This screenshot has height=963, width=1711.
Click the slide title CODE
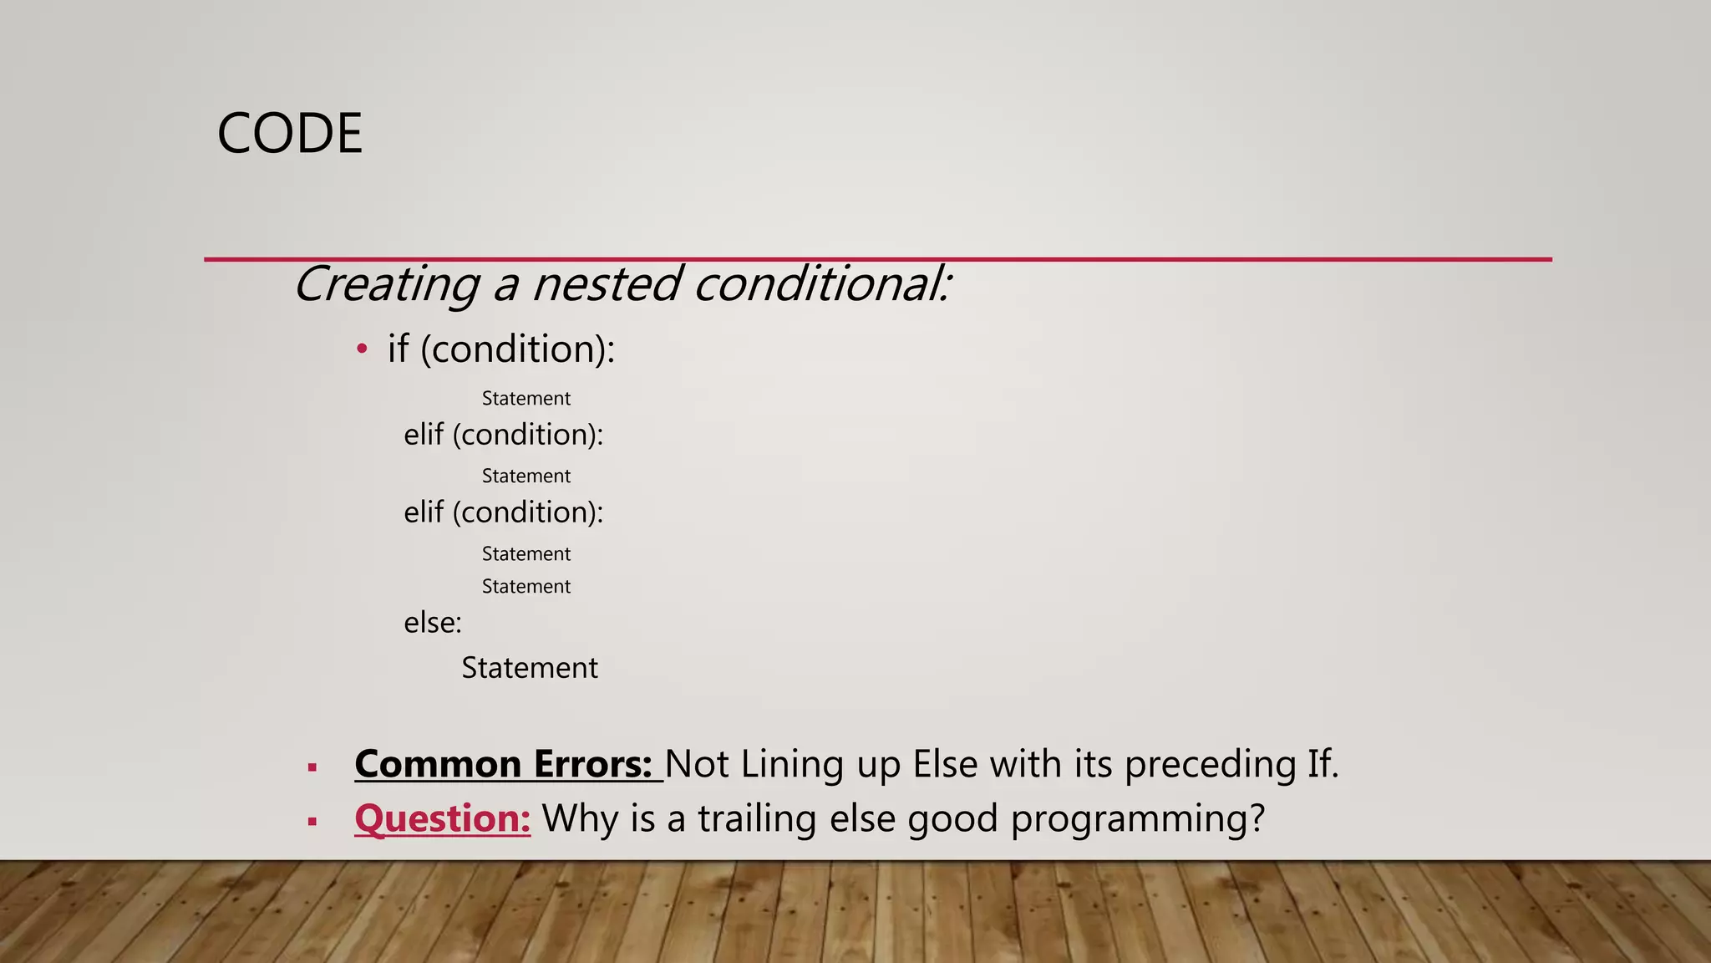pos(289,134)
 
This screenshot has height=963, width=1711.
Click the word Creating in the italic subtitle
pos(387,284)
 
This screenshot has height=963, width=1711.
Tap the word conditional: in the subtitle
pos(822,284)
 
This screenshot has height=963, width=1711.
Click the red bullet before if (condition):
pos(362,349)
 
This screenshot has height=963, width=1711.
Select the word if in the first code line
pos(398,349)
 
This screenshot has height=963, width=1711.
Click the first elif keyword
pos(424,435)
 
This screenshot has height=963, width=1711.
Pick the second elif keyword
pos(424,512)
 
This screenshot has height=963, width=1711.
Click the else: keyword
pos(433,623)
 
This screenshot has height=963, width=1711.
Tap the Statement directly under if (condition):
pos(525,399)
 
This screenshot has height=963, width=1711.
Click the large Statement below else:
pos(530,668)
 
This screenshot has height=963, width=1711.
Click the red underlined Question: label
pos(443,818)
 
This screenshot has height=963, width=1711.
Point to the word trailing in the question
pos(757,818)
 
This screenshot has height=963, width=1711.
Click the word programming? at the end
pos(1138,818)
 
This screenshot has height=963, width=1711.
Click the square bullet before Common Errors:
pos(312,767)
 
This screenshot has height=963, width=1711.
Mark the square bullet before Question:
pos(312,822)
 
